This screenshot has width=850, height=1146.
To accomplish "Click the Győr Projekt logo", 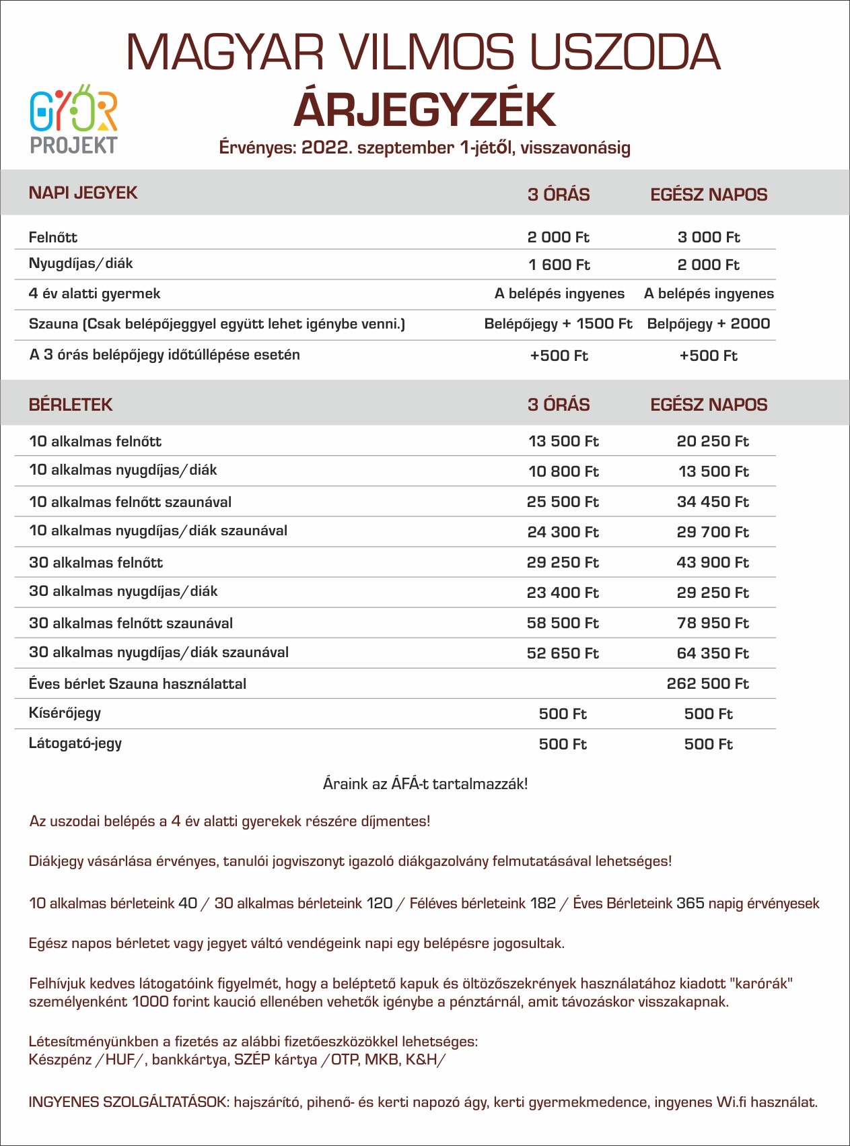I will (x=74, y=119).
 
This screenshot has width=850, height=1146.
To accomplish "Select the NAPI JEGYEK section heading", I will (x=83, y=193).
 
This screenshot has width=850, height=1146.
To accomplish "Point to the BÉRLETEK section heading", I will (x=71, y=405).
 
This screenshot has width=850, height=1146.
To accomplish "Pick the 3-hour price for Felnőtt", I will (x=558, y=237).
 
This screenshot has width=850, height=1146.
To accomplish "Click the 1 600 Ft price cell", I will (x=559, y=265).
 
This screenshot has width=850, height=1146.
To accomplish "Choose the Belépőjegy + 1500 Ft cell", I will (x=558, y=324).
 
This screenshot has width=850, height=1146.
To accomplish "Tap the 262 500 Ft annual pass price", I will (x=707, y=683).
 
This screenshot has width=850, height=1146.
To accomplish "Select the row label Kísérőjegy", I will (x=65, y=713).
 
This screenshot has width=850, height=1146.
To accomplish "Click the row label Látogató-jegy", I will (x=75, y=743).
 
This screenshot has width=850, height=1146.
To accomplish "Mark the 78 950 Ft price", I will (x=712, y=623).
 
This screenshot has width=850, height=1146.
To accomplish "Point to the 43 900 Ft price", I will (x=712, y=562).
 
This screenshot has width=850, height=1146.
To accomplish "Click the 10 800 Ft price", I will (x=563, y=471).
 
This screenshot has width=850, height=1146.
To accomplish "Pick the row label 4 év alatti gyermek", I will (x=94, y=294).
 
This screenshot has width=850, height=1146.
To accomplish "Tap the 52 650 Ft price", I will (x=563, y=653).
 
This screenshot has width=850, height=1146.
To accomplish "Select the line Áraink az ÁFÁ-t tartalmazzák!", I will (x=425, y=784).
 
